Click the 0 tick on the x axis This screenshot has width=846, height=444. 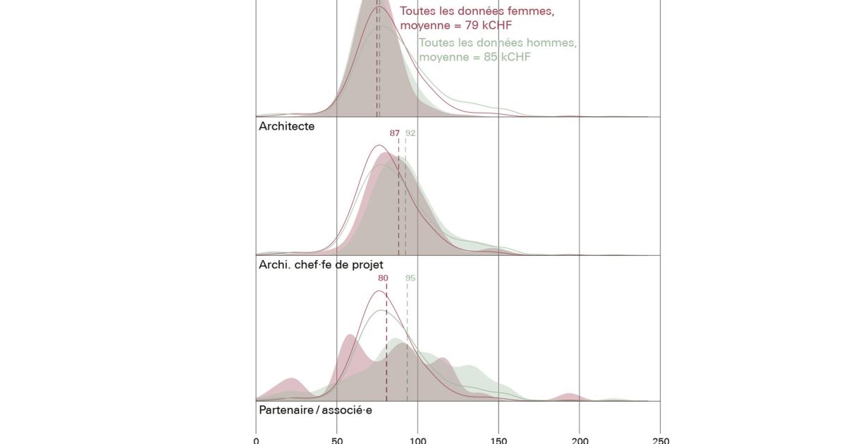pos(256,440)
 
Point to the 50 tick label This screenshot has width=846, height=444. pos(337,440)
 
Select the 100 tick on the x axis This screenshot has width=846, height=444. pos(417,440)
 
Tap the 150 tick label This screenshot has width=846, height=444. pos(498,440)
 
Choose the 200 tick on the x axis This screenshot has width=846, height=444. pos(580,440)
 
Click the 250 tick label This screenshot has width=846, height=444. pos(661,440)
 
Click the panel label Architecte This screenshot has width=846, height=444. pos(286,127)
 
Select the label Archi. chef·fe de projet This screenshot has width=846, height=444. pos(321,265)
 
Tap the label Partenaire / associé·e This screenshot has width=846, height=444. pos(315,410)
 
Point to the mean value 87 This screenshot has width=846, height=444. pos(395,133)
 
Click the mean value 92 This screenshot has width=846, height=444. pos(410,133)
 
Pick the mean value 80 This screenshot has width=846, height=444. pos(383,278)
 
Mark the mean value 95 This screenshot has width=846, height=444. pos(410,278)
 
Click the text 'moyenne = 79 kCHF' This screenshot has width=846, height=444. pos(455,26)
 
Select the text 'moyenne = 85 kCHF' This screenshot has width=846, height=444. pos(474,57)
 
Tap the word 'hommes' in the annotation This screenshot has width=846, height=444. pos(552,42)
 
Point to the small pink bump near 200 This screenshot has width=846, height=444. pos(570,397)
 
